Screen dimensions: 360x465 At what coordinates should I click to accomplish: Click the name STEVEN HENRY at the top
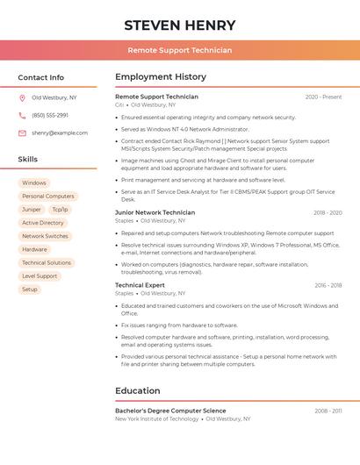179,25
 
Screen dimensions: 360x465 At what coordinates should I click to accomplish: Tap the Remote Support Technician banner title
179,50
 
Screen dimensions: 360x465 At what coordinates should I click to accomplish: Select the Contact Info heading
40,77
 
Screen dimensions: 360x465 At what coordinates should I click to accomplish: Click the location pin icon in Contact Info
22,97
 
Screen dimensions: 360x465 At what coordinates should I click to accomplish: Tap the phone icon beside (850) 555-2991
22,115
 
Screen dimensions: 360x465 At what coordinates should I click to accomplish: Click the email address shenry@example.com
60,132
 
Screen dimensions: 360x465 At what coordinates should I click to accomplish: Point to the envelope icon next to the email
22,132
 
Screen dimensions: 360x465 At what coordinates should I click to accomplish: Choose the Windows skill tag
34,183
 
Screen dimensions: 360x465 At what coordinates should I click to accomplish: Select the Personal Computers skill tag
47,197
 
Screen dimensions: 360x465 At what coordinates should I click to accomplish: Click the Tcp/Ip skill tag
60,210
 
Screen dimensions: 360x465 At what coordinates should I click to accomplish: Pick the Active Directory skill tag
43,223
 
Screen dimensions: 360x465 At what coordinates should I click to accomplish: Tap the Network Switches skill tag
45,236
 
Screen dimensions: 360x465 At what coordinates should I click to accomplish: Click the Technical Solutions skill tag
47,262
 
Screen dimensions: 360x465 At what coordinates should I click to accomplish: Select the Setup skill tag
30,289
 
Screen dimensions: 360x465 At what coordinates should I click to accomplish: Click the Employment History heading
160,77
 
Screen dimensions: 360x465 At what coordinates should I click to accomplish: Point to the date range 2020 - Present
323,97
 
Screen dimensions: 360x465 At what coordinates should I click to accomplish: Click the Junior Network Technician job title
155,212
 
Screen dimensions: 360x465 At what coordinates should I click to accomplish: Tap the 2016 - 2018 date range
328,285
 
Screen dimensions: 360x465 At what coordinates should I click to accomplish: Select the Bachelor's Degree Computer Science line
170,411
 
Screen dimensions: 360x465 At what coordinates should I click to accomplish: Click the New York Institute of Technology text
156,419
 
